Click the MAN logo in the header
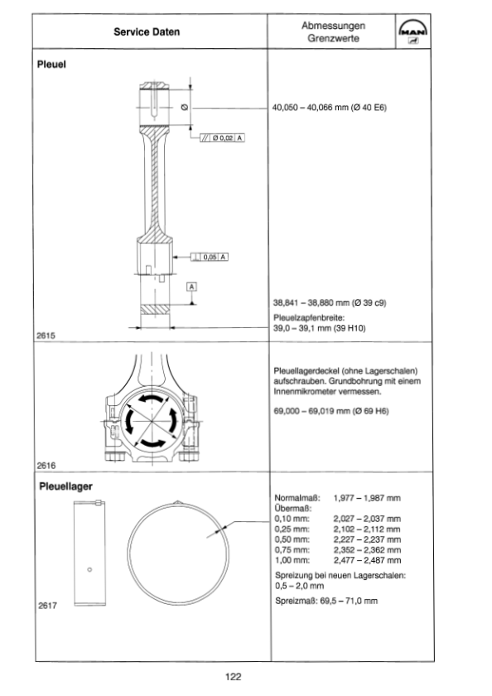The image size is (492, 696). [413, 32]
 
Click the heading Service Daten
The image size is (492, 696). [147, 32]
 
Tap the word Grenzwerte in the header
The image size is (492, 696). [333, 38]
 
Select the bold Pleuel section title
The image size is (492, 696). [51, 65]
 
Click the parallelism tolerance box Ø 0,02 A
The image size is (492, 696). [222, 138]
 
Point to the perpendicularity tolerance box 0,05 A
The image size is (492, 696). [210, 257]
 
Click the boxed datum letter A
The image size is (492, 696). [191, 287]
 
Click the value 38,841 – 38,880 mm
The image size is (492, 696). [311, 302]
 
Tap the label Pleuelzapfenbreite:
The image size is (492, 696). [309, 318]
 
